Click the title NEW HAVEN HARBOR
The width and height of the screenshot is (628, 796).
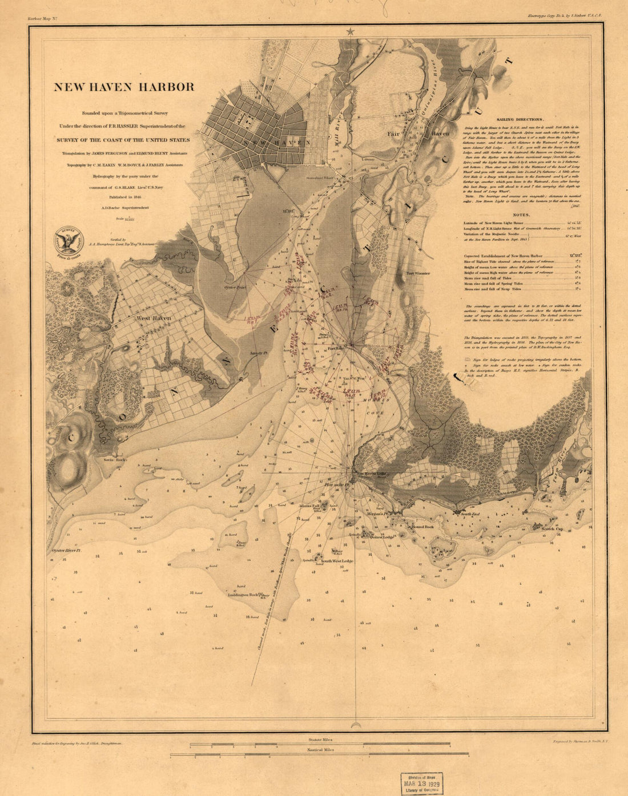[124, 87]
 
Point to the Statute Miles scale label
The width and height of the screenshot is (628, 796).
[320, 739]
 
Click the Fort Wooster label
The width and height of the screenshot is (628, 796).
[418, 273]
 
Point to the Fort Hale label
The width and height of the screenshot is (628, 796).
[335, 348]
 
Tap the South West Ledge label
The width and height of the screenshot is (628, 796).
[337, 561]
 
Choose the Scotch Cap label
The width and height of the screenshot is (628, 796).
[551, 529]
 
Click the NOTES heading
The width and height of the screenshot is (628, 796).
[521, 215]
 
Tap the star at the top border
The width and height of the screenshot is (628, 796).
[350, 32]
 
